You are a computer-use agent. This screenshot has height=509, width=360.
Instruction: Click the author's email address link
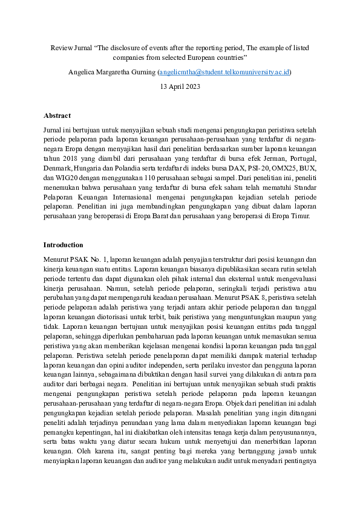click(224, 72)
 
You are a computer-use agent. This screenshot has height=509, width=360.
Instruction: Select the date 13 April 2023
click(180, 86)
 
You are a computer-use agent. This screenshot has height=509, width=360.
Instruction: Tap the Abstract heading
click(57, 115)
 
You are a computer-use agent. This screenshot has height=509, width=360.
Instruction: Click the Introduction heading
click(64, 245)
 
